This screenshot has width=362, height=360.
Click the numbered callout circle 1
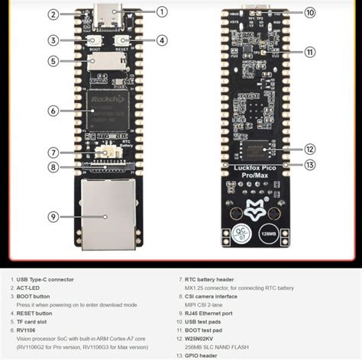click(161, 11)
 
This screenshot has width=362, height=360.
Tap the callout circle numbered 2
click(53, 14)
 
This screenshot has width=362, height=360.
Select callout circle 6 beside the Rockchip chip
click(53, 111)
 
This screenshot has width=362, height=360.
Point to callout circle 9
click(53, 216)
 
